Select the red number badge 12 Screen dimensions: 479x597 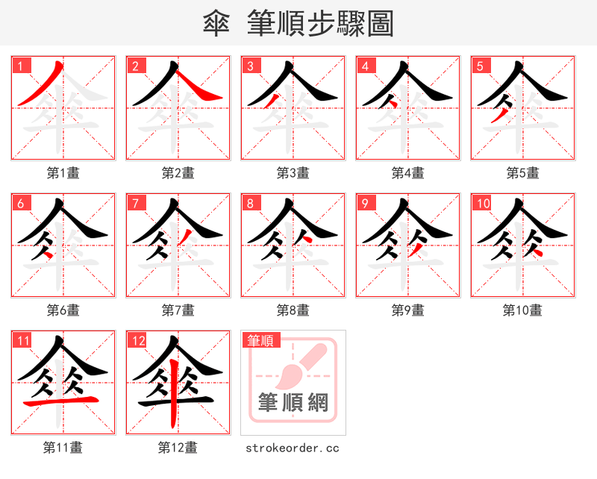click(136, 341)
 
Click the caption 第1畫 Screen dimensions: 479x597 click(63, 173)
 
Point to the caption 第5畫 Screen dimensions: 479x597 click(522, 173)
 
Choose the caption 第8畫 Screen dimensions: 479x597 click(293, 310)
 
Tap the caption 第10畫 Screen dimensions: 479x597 click(522, 310)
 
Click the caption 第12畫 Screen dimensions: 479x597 click(178, 448)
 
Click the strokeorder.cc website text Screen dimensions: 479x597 click(293, 448)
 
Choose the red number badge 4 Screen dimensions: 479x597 click(365, 66)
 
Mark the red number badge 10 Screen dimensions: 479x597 click(482, 203)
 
